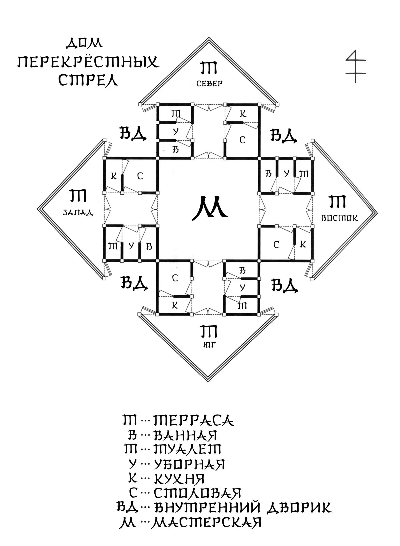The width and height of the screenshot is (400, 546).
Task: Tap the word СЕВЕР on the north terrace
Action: pos(209,83)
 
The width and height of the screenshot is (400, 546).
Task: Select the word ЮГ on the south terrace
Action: pos(209,345)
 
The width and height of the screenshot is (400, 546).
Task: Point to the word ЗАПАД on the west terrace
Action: pos(78,212)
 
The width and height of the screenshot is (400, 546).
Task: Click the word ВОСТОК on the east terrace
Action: pos(339,218)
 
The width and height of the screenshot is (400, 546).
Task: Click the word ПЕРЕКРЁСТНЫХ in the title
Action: pos(88,62)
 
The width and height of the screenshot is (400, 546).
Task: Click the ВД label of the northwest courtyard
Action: pos(133,134)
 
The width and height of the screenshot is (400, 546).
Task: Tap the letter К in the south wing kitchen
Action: pos(175,306)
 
